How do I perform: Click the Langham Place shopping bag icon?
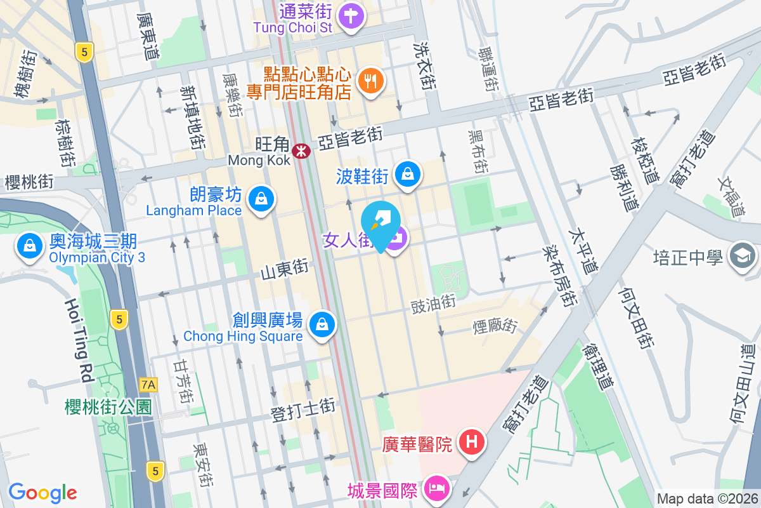260,199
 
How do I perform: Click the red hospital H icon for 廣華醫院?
472,441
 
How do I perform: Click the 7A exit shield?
148,384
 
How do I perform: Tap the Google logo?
42,492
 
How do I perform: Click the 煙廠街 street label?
495,327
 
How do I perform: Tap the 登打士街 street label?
302,409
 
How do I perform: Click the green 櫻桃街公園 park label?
108,406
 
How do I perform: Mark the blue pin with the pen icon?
380,224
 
